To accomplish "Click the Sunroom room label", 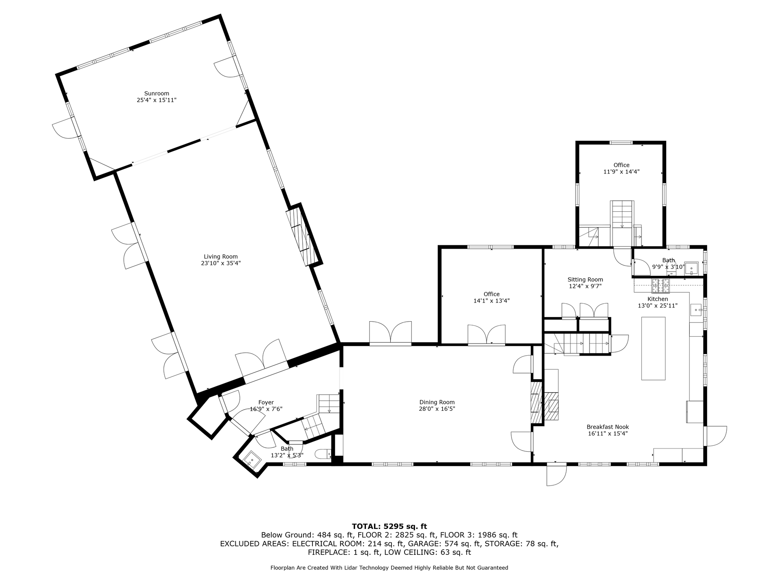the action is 157,93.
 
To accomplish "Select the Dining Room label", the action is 437,402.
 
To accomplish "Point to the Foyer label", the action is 266,403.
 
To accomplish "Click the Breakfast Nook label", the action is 608,427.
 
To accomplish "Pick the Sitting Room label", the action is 585,279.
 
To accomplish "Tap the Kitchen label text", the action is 658,299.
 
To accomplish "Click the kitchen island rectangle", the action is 653,348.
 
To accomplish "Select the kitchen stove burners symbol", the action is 661,286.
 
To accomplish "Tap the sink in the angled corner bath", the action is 252,460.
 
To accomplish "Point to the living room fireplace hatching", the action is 301,236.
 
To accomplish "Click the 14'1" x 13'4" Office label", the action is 491,297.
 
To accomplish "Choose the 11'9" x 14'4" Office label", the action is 621,168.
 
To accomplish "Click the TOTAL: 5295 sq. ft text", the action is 389,526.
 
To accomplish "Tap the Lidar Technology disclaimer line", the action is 389,568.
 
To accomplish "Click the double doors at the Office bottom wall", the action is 486,335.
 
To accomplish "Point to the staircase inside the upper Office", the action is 622,214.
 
